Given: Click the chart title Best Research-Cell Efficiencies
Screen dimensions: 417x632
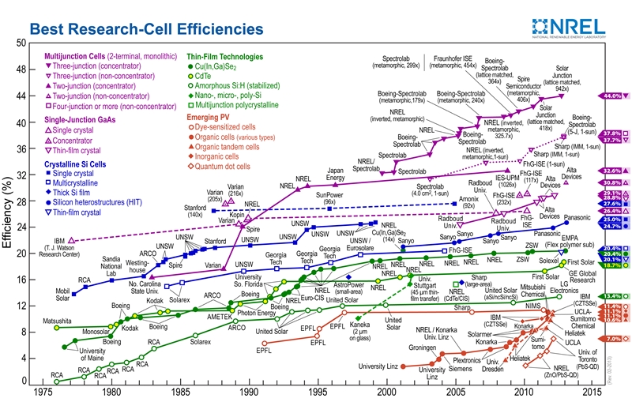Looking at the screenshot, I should tap(146, 29).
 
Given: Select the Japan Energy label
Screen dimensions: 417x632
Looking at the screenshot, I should tap(335, 174).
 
